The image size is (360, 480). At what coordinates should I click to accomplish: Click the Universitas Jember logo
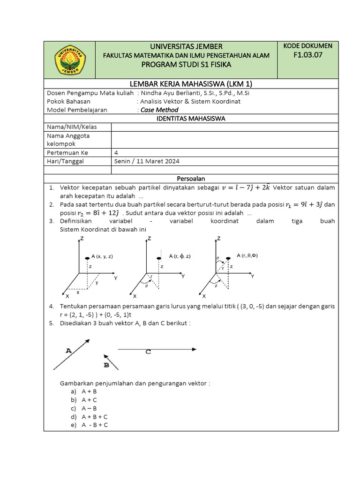pos(70,60)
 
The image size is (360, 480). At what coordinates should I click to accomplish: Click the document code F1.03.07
pos(308,55)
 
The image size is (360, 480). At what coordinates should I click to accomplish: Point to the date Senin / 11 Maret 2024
pos(147,161)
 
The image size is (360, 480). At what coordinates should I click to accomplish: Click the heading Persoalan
pos(190,179)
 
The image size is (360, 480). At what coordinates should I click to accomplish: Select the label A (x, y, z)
pos(102,256)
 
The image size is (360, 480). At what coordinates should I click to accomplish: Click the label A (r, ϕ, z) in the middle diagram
pos(180,256)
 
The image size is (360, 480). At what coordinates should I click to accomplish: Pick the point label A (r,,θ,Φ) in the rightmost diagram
pos(247,255)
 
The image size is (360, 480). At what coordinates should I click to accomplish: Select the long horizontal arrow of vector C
pos(157,349)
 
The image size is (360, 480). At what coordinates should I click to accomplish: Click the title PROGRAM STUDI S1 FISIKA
pos(186,64)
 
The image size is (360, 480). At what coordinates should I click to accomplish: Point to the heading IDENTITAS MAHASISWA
pos(190,119)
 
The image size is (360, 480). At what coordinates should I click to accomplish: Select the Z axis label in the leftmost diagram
pos(82,239)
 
